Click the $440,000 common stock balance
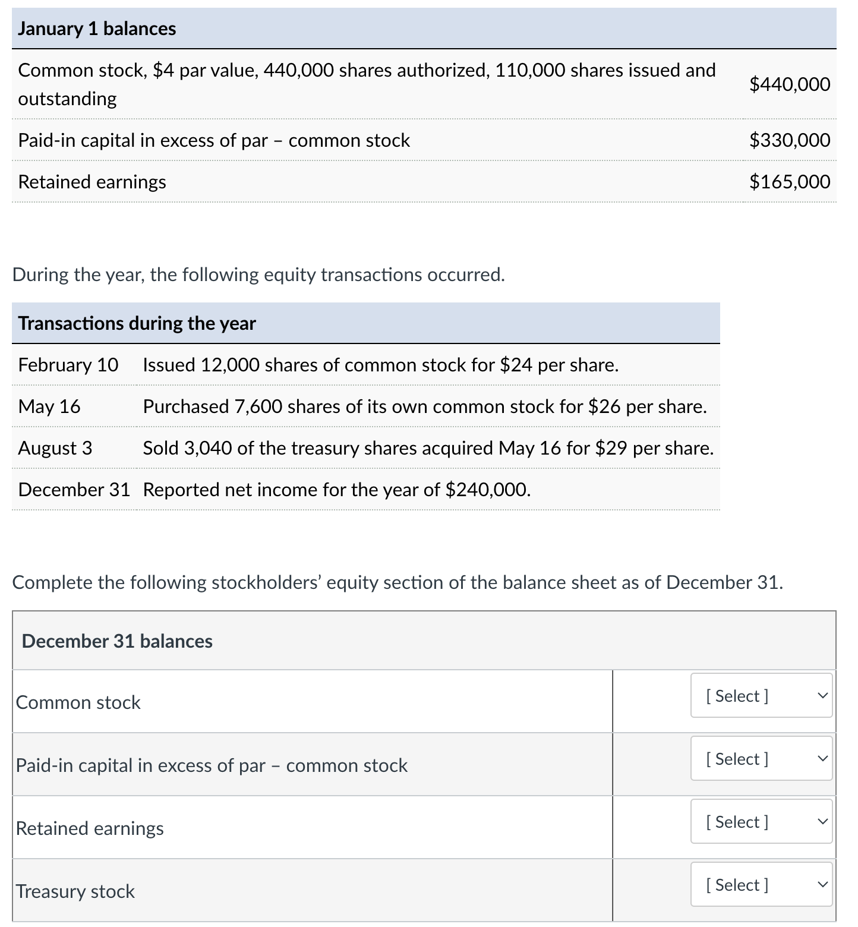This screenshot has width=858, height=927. tap(789, 84)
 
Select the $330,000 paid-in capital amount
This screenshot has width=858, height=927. tap(789, 140)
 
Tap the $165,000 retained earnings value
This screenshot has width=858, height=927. tap(789, 182)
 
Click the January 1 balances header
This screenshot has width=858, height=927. tap(97, 29)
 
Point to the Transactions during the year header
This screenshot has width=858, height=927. tap(137, 323)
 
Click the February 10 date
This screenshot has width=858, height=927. tap(68, 365)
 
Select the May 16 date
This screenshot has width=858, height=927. tap(49, 406)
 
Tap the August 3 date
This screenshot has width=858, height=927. tap(55, 448)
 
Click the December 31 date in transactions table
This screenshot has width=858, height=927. tap(74, 490)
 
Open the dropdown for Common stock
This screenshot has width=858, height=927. tap(761, 696)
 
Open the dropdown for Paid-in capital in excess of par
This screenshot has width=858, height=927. tap(761, 759)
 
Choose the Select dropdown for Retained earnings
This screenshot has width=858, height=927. tap(761, 822)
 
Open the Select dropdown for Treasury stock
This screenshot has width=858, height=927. tap(761, 885)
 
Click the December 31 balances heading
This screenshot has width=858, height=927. tap(117, 641)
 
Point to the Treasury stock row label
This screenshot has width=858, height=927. tap(75, 891)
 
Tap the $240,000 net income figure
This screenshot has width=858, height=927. tap(487, 490)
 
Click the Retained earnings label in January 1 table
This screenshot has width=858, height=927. tap(92, 182)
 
